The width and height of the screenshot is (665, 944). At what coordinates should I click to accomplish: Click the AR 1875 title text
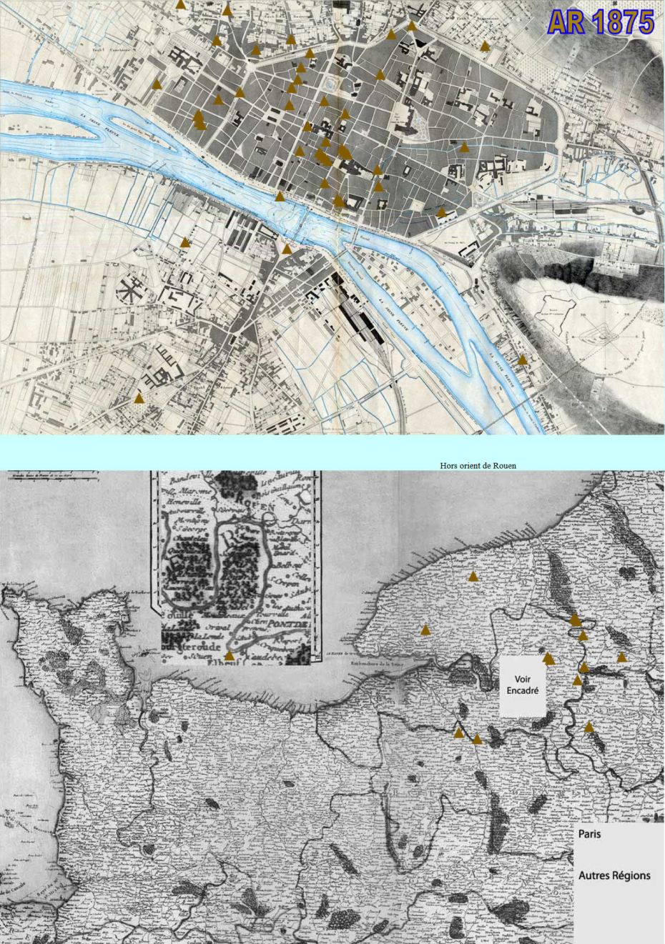601,22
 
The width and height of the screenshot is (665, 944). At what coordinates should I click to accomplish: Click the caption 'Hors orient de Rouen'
478,465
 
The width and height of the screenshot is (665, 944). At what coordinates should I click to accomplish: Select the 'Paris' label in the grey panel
590,834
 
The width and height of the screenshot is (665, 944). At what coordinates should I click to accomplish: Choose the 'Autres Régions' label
614,875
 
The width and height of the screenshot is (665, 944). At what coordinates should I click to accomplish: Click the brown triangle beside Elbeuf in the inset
229,655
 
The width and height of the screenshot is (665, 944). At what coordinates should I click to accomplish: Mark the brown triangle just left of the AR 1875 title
485,46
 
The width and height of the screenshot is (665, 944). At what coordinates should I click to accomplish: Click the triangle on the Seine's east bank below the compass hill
523,359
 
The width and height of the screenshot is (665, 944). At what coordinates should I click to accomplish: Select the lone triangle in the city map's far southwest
139,397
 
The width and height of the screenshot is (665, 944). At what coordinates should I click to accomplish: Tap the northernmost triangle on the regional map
473,576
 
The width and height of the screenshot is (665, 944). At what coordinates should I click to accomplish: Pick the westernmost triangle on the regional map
425,630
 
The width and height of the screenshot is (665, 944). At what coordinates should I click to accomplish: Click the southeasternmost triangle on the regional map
588,727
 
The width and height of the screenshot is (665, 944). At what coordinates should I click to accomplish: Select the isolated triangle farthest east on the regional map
621,657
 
